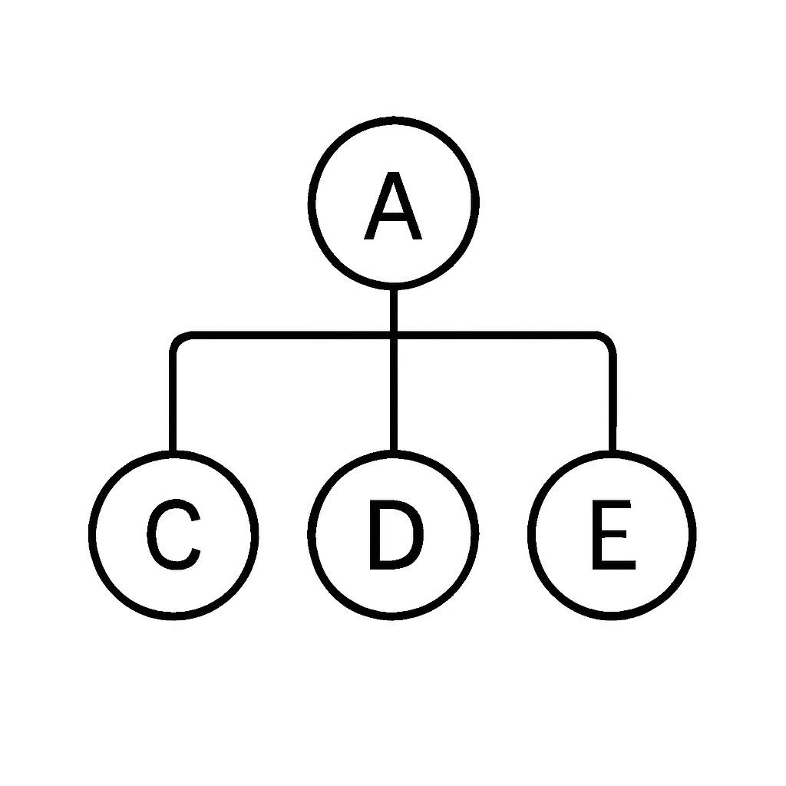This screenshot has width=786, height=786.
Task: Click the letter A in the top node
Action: click(393, 206)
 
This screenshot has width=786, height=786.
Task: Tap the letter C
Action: click(174, 534)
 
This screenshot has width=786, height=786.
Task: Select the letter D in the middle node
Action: click(396, 534)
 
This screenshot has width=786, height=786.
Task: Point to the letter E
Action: click(613, 534)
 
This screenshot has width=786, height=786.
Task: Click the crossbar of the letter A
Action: click(393, 217)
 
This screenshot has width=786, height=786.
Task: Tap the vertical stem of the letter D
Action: click(375, 534)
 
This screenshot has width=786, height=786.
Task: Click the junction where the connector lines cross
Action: click(394, 335)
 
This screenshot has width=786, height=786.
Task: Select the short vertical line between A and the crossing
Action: click(394, 310)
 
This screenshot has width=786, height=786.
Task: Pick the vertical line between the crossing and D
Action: click(394, 395)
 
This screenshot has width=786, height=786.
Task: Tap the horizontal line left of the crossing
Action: click(291, 335)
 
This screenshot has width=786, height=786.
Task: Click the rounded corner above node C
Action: click(178, 339)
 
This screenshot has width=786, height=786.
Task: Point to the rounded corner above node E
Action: click(608, 339)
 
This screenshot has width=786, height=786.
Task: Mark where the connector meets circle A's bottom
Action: click(394, 289)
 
